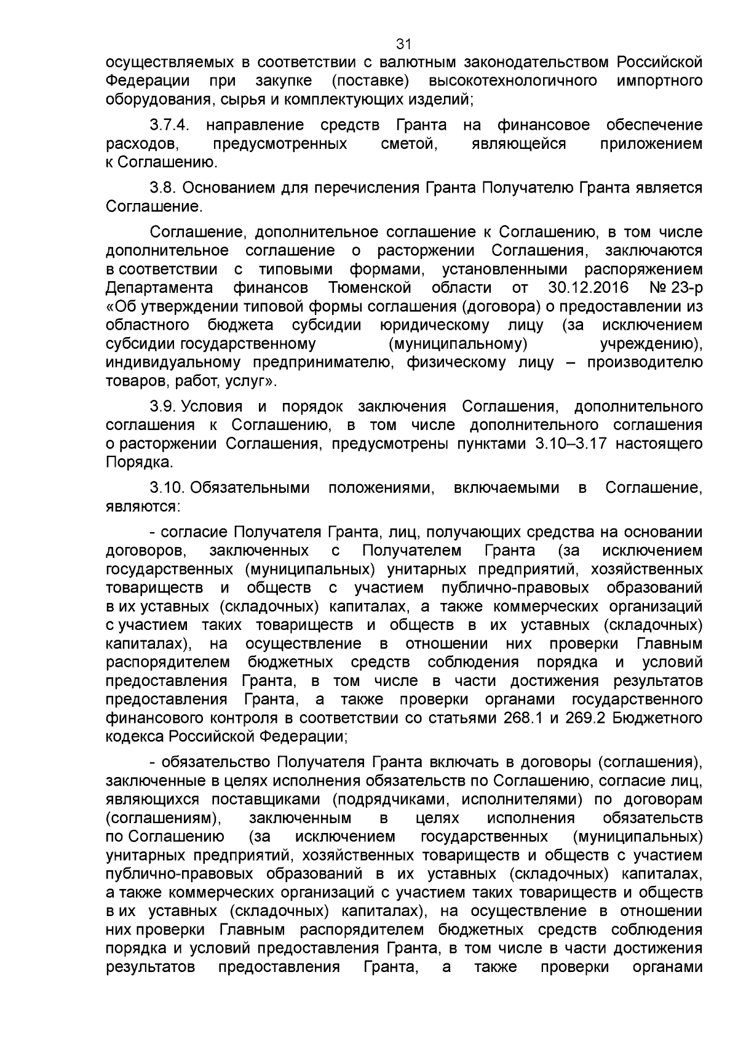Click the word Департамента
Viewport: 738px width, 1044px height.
tap(159, 287)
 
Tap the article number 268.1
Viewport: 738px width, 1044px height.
tap(523, 718)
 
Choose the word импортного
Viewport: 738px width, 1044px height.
tap(659, 81)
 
